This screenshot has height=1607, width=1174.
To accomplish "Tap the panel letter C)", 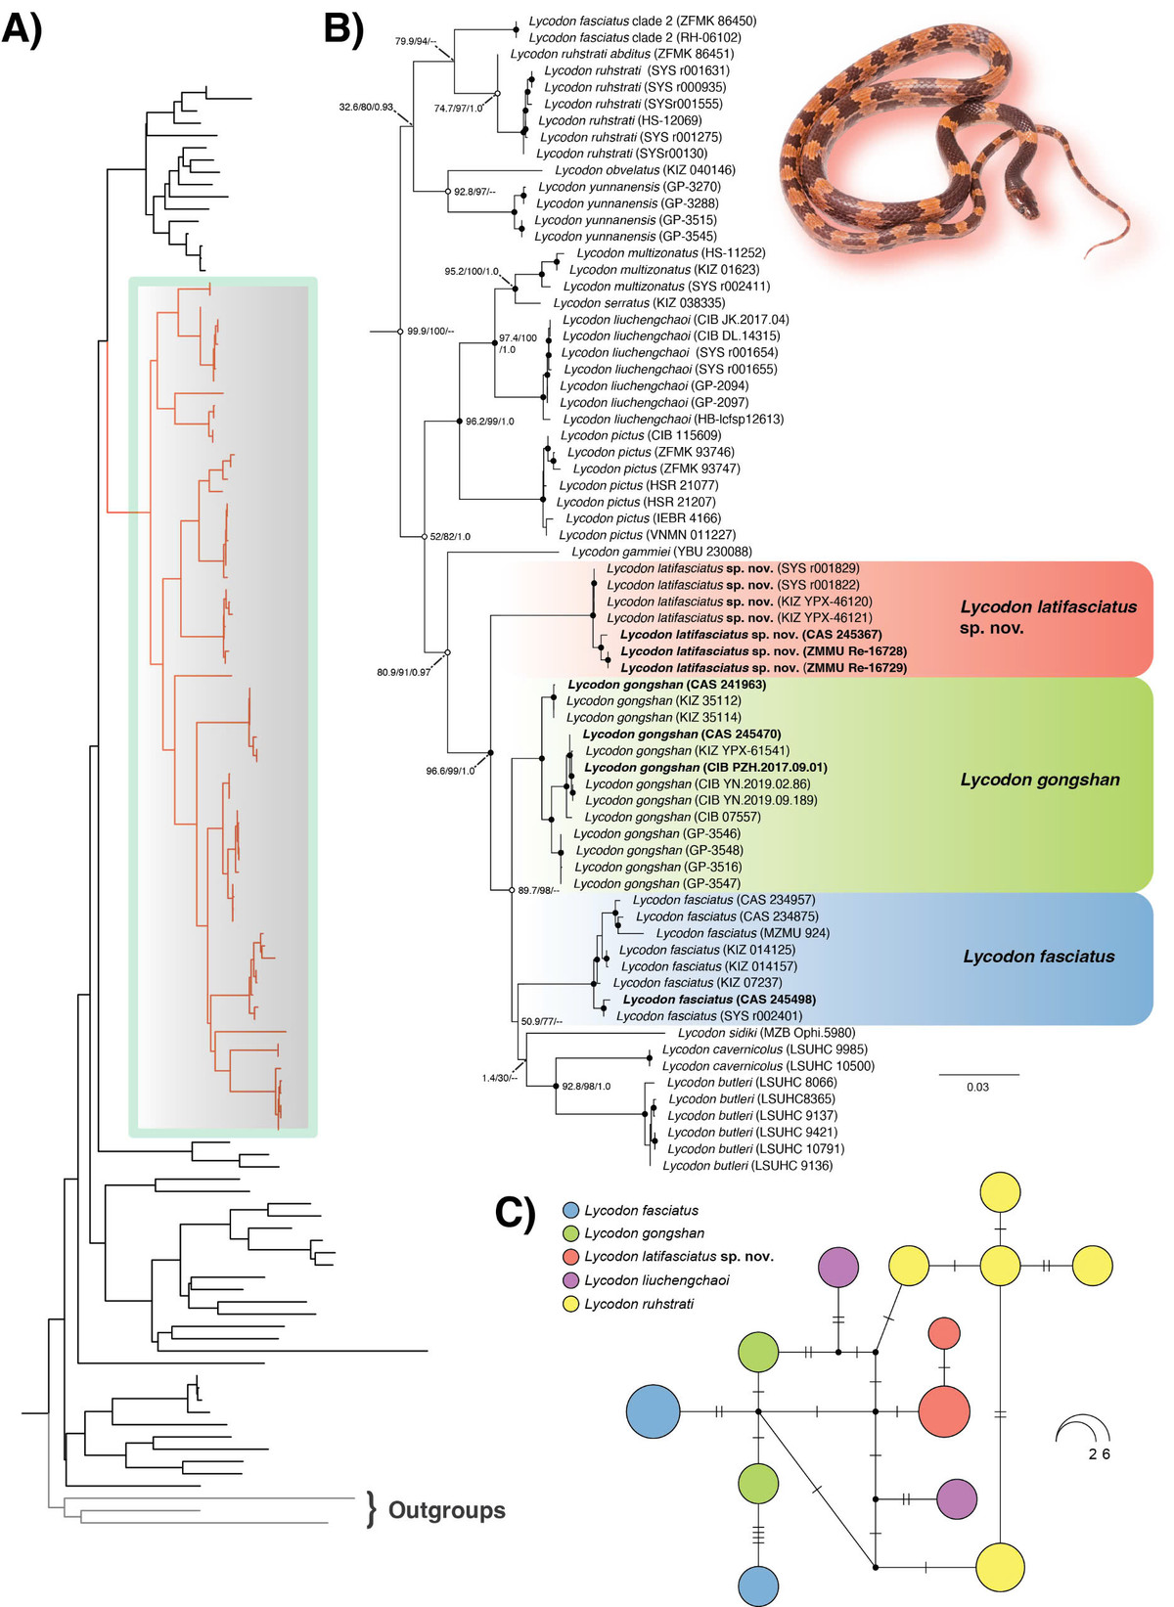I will (x=516, y=1212).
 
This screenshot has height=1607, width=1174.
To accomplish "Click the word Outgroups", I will (x=446, y=1510).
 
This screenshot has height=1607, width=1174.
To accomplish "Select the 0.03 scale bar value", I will (x=977, y=1087).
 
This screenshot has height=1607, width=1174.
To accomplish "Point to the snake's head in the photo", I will (x=1025, y=202).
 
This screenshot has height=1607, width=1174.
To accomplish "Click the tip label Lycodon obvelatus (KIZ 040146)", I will (x=645, y=170).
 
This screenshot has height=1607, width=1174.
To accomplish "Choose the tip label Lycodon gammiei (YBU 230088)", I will (x=661, y=552).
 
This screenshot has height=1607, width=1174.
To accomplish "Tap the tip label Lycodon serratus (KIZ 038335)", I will (x=639, y=303).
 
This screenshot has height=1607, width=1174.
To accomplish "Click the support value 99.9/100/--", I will (x=430, y=332).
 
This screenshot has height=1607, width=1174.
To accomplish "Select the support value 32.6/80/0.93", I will (x=366, y=107).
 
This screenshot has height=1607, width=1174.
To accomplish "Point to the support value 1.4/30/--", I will (x=499, y=1078).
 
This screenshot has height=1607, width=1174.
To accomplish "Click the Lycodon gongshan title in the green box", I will (x=1040, y=780).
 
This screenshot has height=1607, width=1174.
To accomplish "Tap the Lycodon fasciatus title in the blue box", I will (x=1039, y=957).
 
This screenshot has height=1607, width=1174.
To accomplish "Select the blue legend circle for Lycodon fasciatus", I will (x=570, y=1211).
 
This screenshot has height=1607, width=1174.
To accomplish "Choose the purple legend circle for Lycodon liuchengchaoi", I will (x=570, y=1280).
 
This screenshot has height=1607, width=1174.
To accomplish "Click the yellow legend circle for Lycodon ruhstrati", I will (x=570, y=1304).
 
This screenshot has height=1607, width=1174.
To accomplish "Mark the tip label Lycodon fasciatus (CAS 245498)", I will (x=719, y=1000).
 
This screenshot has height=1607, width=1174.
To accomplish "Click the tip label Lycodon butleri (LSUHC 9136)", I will (x=747, y=1166).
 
